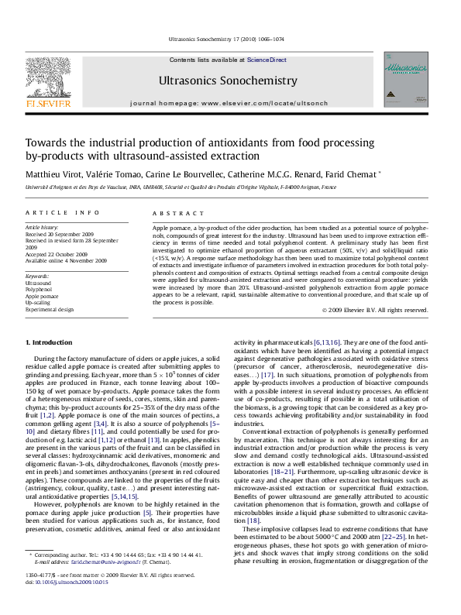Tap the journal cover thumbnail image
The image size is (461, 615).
coord(406,84)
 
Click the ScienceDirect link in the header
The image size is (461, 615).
coord(267,60)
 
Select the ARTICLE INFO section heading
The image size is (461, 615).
coord(62,212)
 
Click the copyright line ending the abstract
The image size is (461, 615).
coord(374,310)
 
